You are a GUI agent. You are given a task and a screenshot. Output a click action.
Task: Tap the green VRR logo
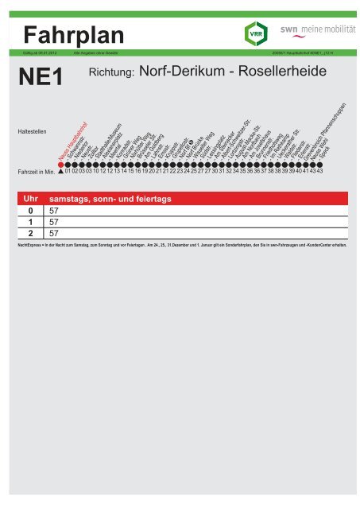[x=254, y=33]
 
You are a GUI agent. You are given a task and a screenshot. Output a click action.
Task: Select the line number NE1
[x=39, y=79]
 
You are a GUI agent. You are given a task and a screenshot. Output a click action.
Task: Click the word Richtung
[x=111, y=75]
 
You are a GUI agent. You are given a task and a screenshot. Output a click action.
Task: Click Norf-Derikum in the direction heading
[x=180, y=73]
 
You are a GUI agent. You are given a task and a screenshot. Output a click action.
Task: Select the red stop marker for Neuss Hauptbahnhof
[x=61, y=162]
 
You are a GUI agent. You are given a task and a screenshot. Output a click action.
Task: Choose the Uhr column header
[x=28, y=198]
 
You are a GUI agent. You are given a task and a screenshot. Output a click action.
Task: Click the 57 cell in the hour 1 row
[x=55, y=223]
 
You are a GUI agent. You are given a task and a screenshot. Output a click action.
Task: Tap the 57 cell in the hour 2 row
[x=55, y=235]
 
